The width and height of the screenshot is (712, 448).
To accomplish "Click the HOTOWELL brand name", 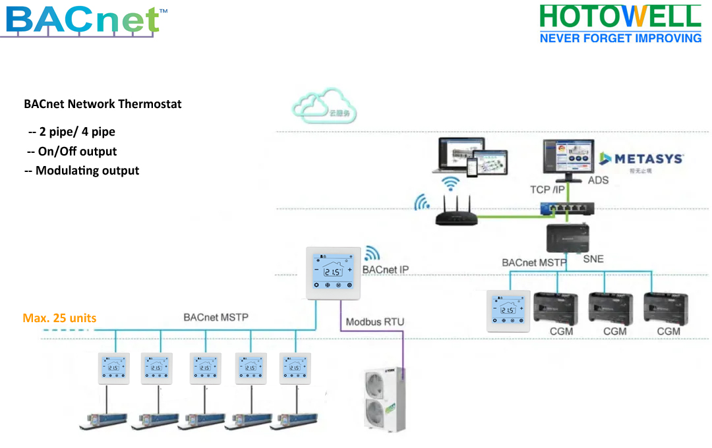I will click(x=620, y=16).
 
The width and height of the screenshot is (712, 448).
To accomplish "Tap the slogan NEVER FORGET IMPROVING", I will click(x=620, y=38).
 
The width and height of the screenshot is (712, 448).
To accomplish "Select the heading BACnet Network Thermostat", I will click(x=103, y=104).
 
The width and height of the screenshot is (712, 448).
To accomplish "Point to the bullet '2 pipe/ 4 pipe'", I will click(x=72, y=132).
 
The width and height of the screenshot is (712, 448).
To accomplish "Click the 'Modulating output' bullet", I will click(x=82, y=171).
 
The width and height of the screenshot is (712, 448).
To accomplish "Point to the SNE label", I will click(x=593, y=259).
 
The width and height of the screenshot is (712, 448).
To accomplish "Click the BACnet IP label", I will click(x=386, y=270).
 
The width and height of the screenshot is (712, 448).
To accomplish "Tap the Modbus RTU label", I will click(x=375, y=322).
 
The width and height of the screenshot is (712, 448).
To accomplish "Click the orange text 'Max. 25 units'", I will click(x=59, y=318).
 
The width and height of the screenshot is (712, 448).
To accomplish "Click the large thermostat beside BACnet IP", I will click(x=334, y=272).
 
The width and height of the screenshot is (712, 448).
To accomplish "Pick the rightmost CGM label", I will click(x=668, y=331).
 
